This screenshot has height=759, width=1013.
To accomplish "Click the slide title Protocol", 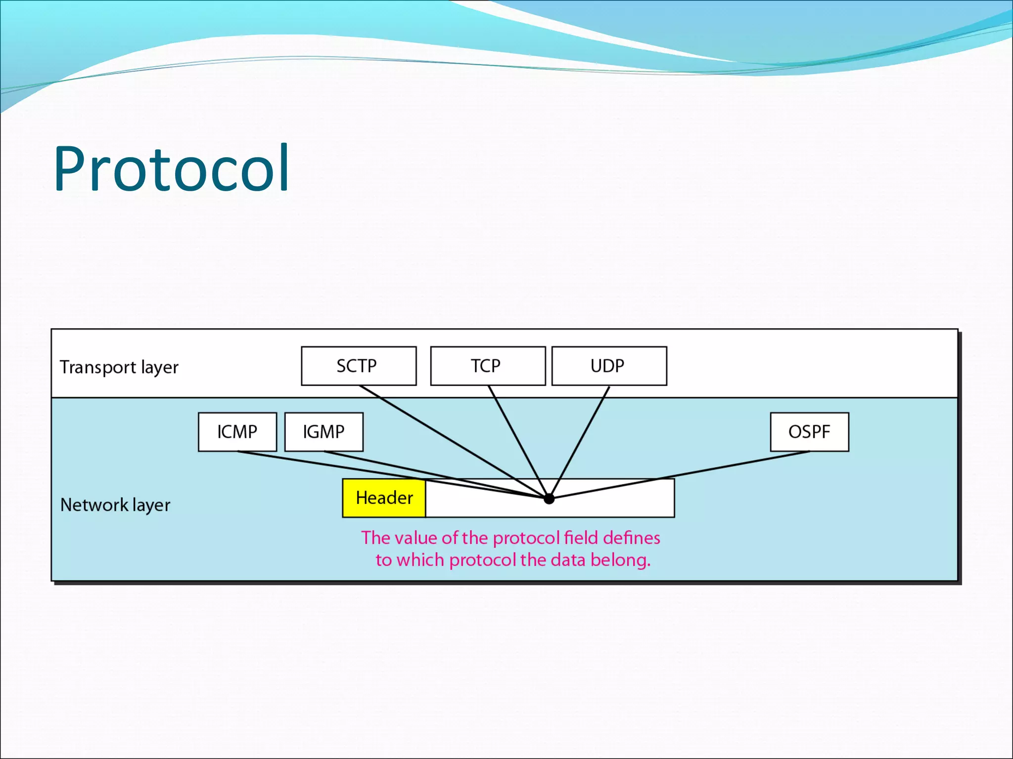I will pos(171,169).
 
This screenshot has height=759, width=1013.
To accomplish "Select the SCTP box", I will pos(359,366).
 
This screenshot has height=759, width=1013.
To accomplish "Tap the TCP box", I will pos(488,366).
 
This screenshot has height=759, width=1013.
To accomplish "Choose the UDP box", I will pos(609,366).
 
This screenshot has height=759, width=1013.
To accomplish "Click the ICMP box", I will pos(237,432).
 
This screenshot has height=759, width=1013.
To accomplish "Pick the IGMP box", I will pos(324,432).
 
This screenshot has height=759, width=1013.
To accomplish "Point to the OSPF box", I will pos(809,432).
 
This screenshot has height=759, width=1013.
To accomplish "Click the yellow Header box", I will pos(384,498).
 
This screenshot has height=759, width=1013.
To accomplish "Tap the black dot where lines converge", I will pos(549,499).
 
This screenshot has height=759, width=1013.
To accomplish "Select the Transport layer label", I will pos(119,367).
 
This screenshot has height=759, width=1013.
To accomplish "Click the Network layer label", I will pos(115,505).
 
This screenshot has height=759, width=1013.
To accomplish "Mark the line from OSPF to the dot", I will pos(692,472).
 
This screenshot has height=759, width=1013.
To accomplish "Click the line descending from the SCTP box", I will pos(445,437).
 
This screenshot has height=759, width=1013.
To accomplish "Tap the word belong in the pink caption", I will pos(620,560).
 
